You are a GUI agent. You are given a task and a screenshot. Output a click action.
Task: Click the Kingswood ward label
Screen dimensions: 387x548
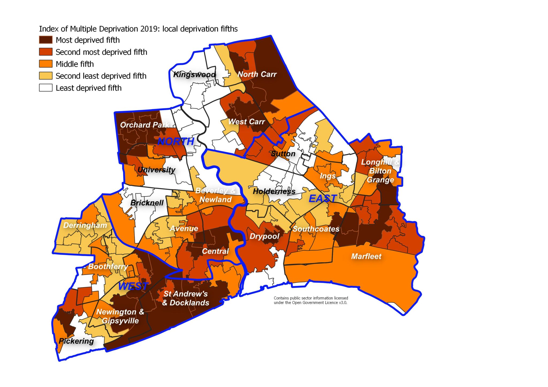(x=194, y=74)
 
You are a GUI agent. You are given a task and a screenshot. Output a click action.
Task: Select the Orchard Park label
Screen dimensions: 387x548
(x=144, y=125)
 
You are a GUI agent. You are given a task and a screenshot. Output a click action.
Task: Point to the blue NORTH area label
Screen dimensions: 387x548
(x=176, y=141)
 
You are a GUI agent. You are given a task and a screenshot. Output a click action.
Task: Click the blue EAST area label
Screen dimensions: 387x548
(x=323, y=199)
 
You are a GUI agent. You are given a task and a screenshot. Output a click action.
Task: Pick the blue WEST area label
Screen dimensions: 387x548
(x=133, y=286)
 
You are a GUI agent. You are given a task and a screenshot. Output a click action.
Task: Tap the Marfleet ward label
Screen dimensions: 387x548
(x=366, y=256)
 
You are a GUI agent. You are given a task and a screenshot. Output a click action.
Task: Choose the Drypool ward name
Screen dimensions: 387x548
(x=264, y=236)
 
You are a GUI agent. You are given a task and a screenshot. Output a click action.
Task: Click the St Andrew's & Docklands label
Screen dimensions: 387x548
(x=186, y=298)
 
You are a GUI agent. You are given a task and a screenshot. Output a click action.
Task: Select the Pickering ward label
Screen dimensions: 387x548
(x=76, y=341)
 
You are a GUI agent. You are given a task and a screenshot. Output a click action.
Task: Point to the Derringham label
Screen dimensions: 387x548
(x=85, y=225)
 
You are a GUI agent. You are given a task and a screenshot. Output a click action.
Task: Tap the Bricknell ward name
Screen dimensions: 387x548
(x=147, y=203)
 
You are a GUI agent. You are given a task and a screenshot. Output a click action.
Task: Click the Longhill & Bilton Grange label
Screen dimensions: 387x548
(x=380, y=171)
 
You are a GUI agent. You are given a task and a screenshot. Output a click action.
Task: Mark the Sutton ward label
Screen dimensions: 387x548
(x=283, y=154)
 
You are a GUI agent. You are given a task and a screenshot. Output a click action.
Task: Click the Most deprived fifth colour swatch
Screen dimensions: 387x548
(x=46, y=40)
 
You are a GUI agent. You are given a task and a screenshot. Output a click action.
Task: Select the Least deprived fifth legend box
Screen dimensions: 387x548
(x=46, y=88)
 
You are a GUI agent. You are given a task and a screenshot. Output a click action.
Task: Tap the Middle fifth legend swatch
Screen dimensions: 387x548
(x=46, y=64)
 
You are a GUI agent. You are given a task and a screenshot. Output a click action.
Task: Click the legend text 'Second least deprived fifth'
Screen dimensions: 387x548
(x=101, y=76)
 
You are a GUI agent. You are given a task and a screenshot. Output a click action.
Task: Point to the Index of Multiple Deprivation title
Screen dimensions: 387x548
(x=138, y=29)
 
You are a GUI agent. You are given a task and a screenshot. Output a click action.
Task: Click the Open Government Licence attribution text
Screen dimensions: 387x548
(x=311, y=300)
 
